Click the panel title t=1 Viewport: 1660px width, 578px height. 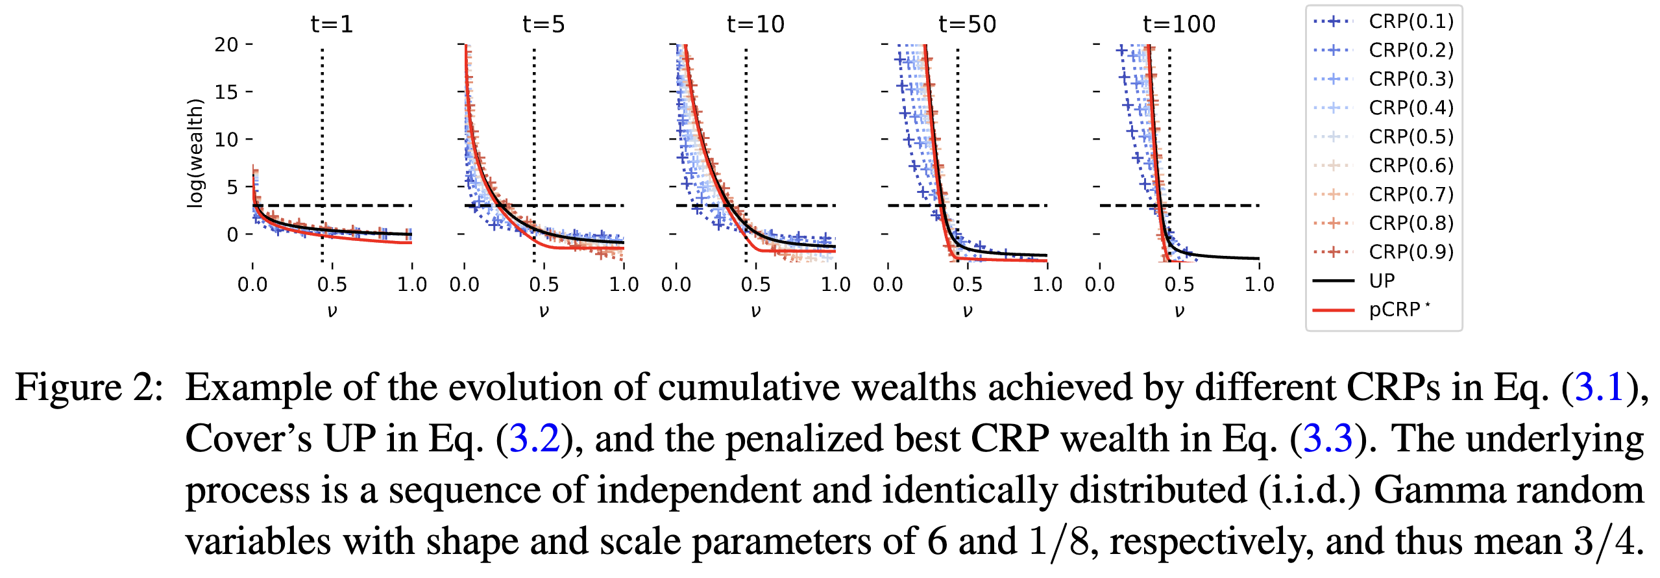(x=332, y=25)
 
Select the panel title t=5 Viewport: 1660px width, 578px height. (x=543, y=25)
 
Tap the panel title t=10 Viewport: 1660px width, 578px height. (x=755, y=25)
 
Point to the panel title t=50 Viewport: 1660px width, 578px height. (x=967, y=25)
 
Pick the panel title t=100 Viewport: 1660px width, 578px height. (x=1178, y=25)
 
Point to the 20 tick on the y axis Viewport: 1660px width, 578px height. (x=226, y=45)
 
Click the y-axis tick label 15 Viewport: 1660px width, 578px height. (x=226, y=92)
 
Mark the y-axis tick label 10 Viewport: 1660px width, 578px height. (x=226, y=139)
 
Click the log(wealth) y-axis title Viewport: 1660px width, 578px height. (x=195, y=153)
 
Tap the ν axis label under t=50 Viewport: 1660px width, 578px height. (x=967, y=311)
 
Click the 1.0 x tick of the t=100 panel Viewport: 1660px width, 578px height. (x=1259, y=284)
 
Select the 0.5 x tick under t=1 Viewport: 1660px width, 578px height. (x=332, y=284)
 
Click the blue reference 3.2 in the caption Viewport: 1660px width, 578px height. (x=534, y=438)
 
